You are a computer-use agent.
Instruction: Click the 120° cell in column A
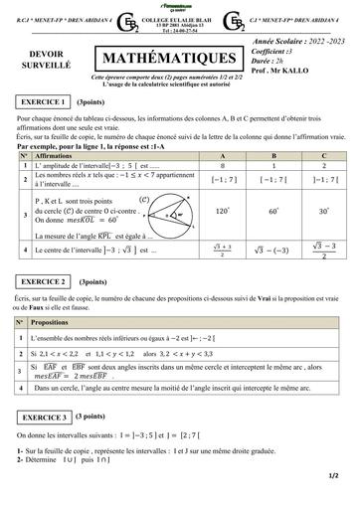point(222,211)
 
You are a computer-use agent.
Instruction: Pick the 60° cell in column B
point(273,211)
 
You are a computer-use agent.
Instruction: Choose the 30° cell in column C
point(324,211)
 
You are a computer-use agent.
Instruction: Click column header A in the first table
point(222,157)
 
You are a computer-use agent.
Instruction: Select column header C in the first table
point(324,157)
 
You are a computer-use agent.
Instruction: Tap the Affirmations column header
point(54,157)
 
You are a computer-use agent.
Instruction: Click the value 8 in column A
point(222,165)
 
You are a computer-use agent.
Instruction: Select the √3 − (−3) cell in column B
point(273,251)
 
